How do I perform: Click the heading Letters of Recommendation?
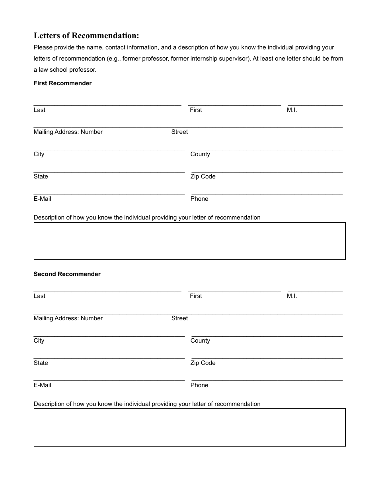(x=86, y=36)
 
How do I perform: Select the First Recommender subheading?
(x=62, y=83)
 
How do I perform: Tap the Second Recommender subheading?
(x=67, y=274)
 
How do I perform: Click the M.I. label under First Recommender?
(x=292, y=110)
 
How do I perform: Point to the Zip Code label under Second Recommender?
(x=203, y=363)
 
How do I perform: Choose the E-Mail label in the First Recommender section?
(x=42, y=199)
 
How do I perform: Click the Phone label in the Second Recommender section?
(x=199, y=385)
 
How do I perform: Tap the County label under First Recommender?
(x=200, y=154)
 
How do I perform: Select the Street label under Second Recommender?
(x=179, y=318)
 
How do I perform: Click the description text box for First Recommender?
(x=189, y=241)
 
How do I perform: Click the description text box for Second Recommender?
(x=189, y=427)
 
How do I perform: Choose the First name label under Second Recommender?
(x=196, y=296)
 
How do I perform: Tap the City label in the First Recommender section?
(x=39, y=154)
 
